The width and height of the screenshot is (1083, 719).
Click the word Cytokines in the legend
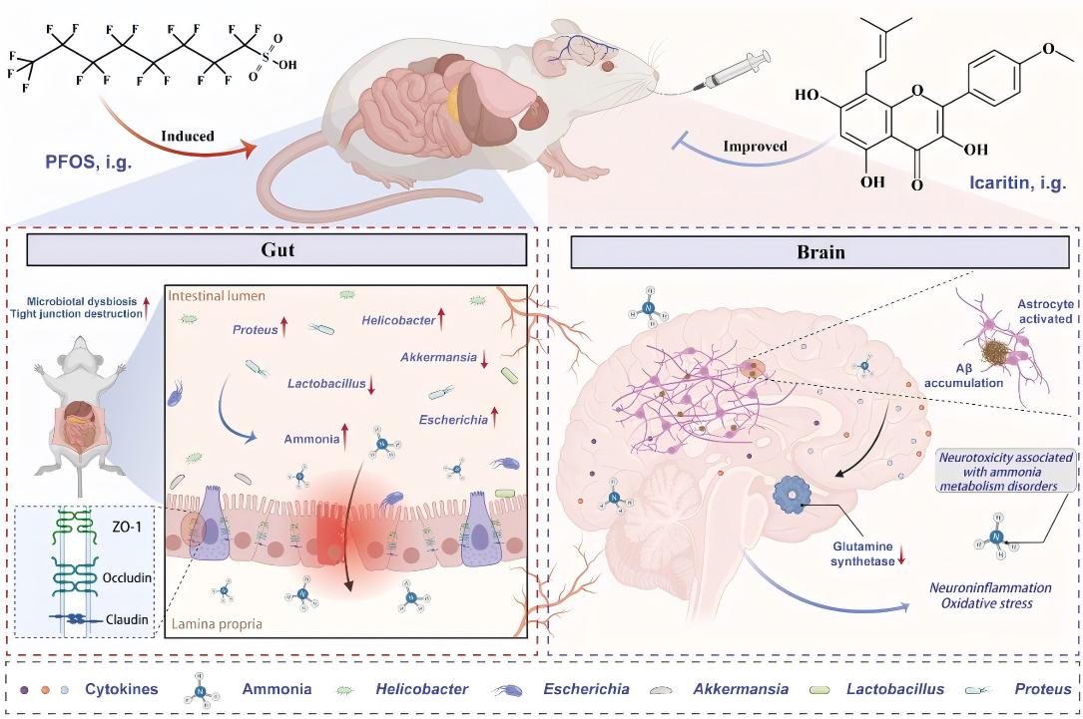coord(118,689)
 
